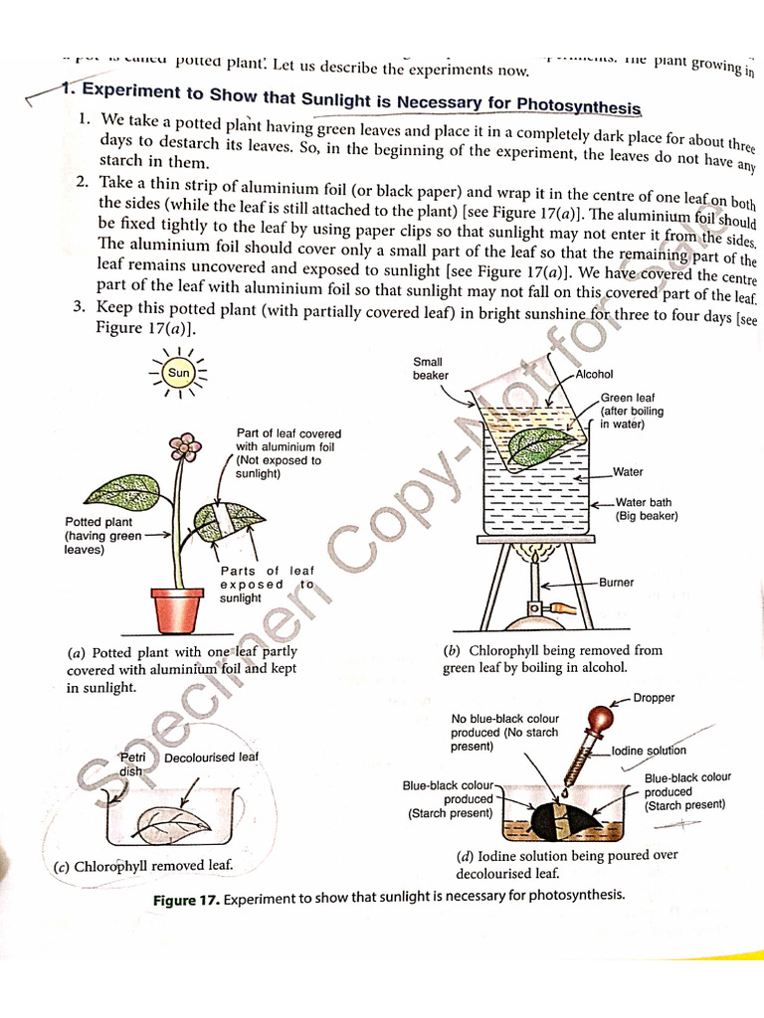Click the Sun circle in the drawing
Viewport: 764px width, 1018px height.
pos(178,374)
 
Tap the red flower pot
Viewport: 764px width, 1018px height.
pos(177,608)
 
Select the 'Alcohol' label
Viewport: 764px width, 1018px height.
pos(595,375)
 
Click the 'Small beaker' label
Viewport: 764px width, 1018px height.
pos(430,369)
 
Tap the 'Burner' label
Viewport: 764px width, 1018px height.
pos(616,583)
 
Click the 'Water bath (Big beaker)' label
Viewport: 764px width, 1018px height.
pos(646,509)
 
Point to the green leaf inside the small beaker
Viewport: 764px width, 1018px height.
pos(541,444)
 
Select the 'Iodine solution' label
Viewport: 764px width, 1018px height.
pos(649,751)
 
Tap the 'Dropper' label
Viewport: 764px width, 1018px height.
pos(654,698)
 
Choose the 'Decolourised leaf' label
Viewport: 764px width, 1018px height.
pos(211,758)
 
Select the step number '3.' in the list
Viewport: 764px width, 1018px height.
pos(82,307)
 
